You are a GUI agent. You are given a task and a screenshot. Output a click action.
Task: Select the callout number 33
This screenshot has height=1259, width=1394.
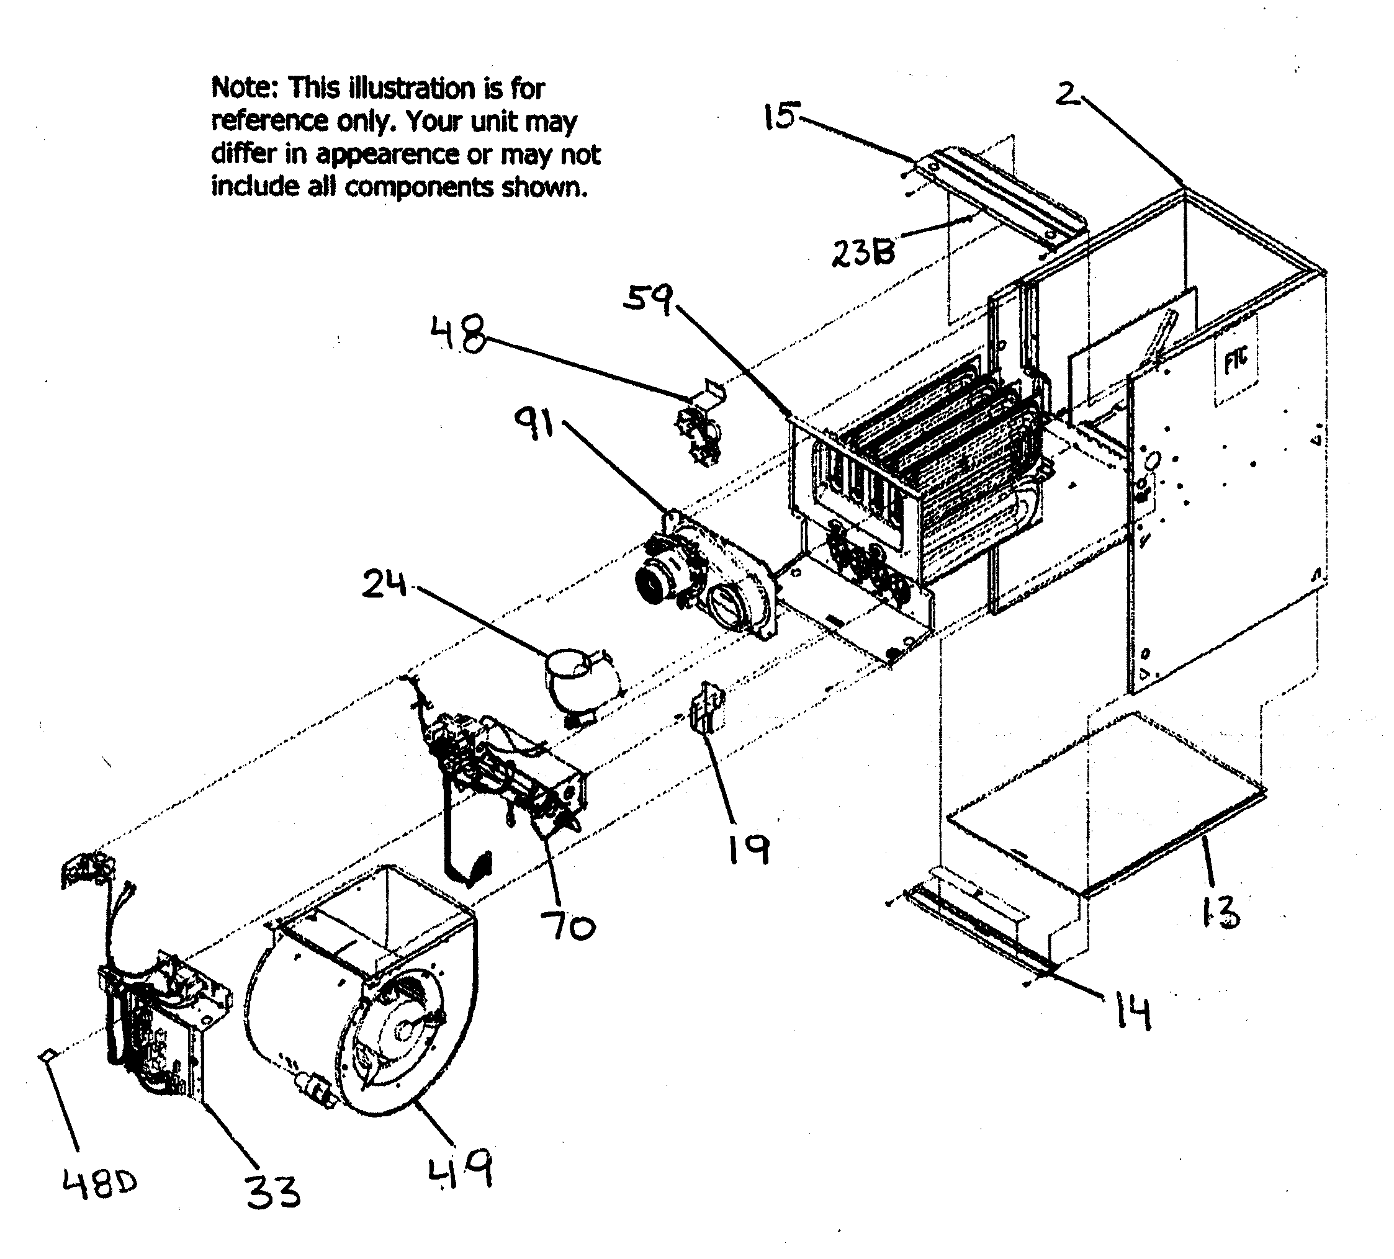tap(274, 1191)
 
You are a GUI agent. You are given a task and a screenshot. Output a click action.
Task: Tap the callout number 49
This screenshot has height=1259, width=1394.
tap(461, 1168)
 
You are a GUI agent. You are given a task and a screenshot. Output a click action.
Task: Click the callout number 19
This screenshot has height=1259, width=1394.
tap(749, 848)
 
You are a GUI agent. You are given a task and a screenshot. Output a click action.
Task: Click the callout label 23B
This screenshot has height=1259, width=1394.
tap(862, 253)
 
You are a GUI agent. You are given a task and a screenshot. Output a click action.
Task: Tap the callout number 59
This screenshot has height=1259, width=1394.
tap(647, 300)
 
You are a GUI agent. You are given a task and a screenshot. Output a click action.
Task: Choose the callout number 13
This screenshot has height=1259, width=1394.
tap(1220, 914)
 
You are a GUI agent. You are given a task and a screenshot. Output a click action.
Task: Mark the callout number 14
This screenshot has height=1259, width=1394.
tap(1134, 1013)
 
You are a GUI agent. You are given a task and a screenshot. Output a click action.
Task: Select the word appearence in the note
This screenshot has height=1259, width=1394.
tap(387, 154)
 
